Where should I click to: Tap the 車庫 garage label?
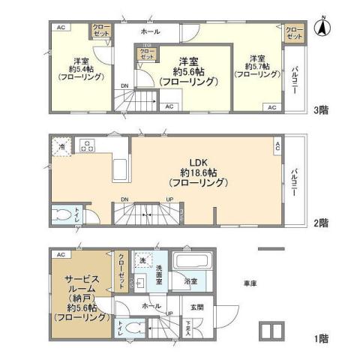tap(250, 284)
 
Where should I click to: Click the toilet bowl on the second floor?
tap(62, 215)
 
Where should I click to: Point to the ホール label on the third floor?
tap(150, 32)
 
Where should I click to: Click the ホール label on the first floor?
tap(149, 307)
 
